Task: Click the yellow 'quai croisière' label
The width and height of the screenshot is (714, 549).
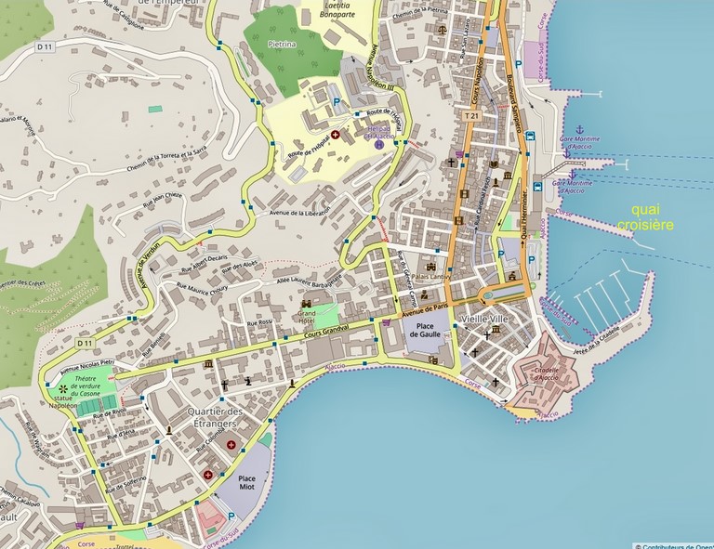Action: point(653,216)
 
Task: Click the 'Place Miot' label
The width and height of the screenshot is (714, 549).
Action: point(246,479)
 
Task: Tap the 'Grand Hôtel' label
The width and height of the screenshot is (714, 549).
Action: point(308,315)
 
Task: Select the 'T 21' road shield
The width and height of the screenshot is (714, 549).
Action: point(471,116)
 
